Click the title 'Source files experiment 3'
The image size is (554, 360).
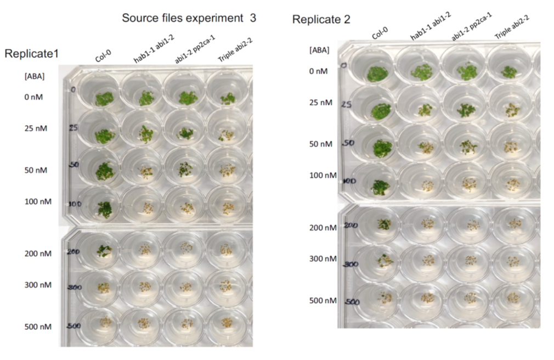coord(189,18)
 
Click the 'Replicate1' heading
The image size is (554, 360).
coord(31,54)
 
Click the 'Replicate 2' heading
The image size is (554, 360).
coord(321,20)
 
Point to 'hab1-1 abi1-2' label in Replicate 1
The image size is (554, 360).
coord(146,53)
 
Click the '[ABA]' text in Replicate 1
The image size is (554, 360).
coord(35,76)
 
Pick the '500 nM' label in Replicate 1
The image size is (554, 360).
coord(38,327)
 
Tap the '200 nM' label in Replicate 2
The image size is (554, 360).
coord(323,228)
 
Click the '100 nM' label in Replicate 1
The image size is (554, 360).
coord(38,202)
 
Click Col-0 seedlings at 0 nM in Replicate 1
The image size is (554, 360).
coord(104,99)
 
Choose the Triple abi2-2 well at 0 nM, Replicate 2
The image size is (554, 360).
coord(510,72)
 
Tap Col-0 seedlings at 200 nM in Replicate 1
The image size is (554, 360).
coord(104,251)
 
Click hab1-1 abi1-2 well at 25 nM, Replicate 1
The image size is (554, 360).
coord(145,134)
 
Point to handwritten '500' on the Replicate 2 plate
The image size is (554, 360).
coord(352,302)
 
